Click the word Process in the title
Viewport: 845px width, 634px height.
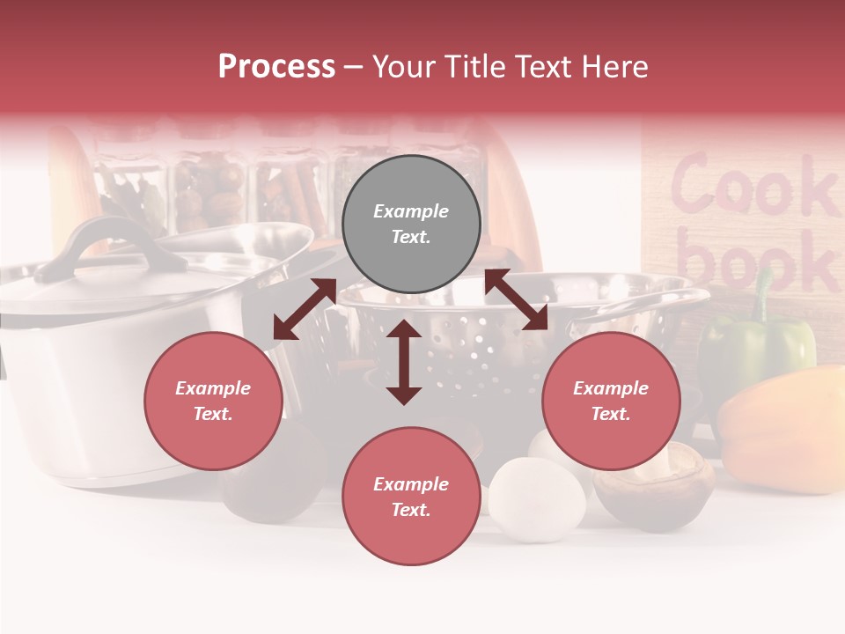[276, 67]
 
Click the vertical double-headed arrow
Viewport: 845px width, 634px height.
[404, 362]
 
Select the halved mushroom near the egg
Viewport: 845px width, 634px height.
[653, 489]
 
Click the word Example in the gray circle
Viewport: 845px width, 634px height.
[411, 211]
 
